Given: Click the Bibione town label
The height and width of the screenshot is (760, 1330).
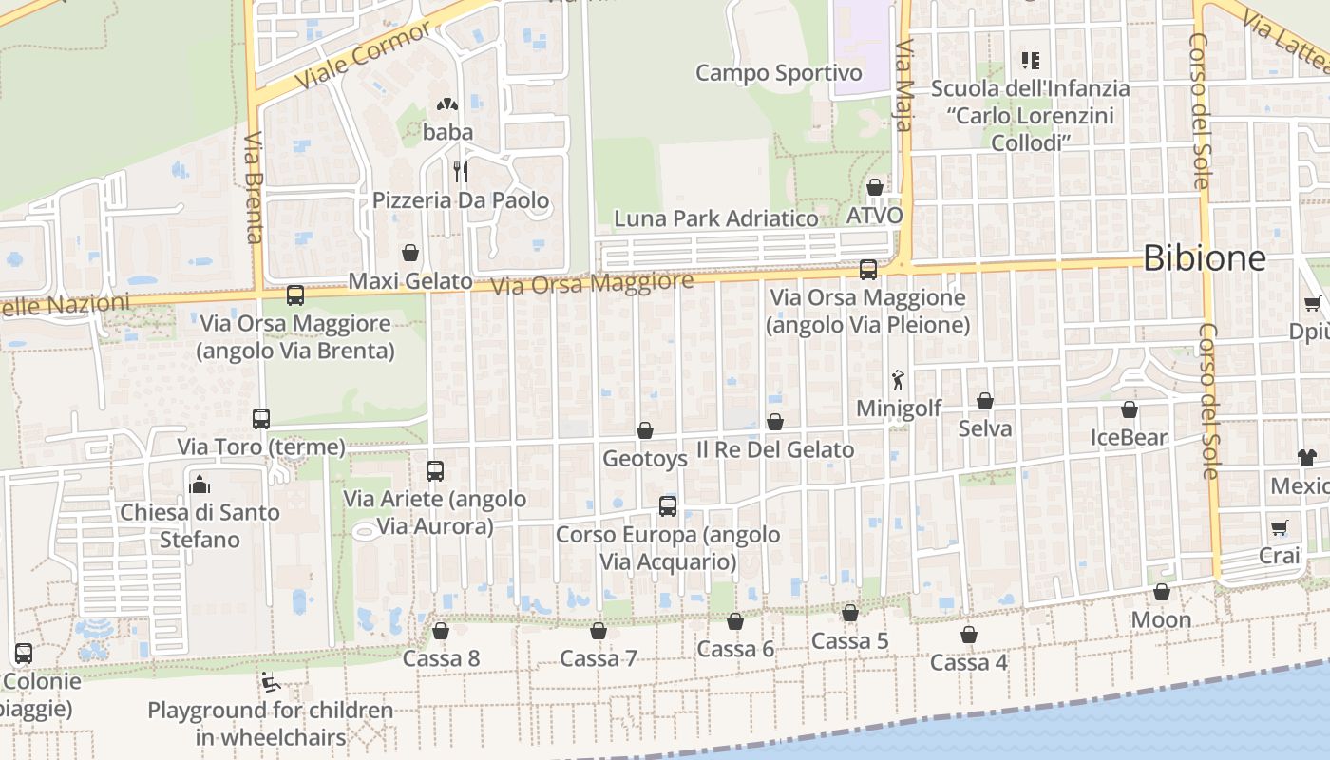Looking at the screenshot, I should tap(1204, 257).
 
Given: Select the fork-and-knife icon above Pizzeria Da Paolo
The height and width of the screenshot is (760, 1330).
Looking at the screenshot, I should tap(461, 171).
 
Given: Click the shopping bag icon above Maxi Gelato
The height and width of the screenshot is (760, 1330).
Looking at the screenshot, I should tap(410, 253).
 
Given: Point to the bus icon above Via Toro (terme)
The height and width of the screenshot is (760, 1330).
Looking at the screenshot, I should tap(261, 418).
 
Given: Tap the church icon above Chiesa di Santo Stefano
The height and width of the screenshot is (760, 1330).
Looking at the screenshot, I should tap(199, 484).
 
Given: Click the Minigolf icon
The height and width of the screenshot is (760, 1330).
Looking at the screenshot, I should tap(898, 380).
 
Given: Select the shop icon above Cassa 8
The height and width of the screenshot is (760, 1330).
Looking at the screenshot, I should tap(441, 631).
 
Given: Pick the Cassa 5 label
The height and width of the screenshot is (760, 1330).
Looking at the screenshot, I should tap(849, 641).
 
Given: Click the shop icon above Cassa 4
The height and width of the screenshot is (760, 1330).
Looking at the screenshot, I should tap(969, 635).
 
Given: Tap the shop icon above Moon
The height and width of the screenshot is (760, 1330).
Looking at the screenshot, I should tap(1161, 593).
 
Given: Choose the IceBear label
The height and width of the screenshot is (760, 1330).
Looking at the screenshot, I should tap(1129, 438).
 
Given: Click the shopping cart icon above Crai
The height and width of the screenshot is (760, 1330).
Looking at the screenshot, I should tap(1280, 527).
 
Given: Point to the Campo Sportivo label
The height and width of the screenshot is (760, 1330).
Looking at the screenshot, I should tap(779, 73).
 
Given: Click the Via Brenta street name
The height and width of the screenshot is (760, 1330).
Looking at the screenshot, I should tap(254, 188).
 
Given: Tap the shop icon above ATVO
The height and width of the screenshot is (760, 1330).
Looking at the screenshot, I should tap(875, 187).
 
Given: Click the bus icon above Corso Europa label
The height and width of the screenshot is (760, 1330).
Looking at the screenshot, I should tap(668, 506).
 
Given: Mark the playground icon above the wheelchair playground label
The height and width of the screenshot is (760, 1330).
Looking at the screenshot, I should tap(270, 682).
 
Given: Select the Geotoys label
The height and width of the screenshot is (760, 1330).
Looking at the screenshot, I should tap(645, 459).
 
